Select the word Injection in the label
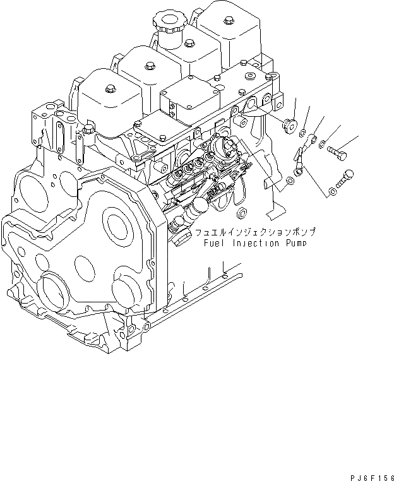[258, 244]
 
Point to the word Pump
[299, 243]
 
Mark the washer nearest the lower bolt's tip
[331, 192]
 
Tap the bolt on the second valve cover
[149, 64]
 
